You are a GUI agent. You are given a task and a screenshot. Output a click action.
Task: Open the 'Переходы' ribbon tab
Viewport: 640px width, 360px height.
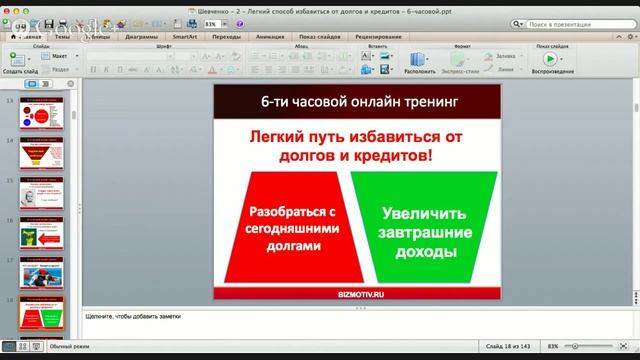227,36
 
